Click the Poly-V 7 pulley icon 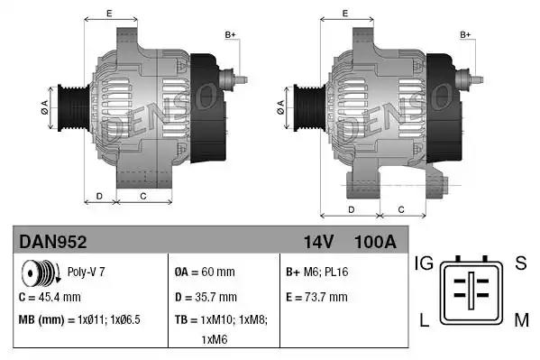(38, 272)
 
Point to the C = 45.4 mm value (50, 296)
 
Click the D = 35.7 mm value (205, 296)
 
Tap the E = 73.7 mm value (316, 296)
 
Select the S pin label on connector (520, 263)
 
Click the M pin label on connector (520, 321)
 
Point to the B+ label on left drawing (230, 34)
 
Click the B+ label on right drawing (466, 34)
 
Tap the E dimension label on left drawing (109, 13)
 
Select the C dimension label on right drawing (399, 209)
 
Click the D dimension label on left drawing (99, 195)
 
